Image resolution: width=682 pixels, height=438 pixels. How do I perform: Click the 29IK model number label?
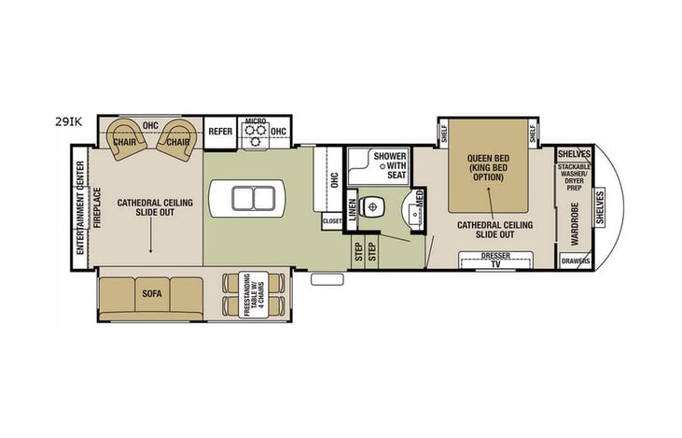pyautogui.click(x=68, y=120)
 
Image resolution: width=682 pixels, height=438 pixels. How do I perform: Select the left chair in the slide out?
pyautogui.click(x=126, y=139)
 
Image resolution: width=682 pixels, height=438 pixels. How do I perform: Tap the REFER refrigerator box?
pyautogui.click(x=220, y=133)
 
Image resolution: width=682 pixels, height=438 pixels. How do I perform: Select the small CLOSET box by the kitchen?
pyautogui.click(x=332, y=221)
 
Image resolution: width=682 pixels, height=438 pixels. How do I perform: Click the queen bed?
pyautogui.click(x=488, y=168)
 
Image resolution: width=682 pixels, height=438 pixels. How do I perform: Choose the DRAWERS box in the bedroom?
pyautogui.click(x=575, y=261)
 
